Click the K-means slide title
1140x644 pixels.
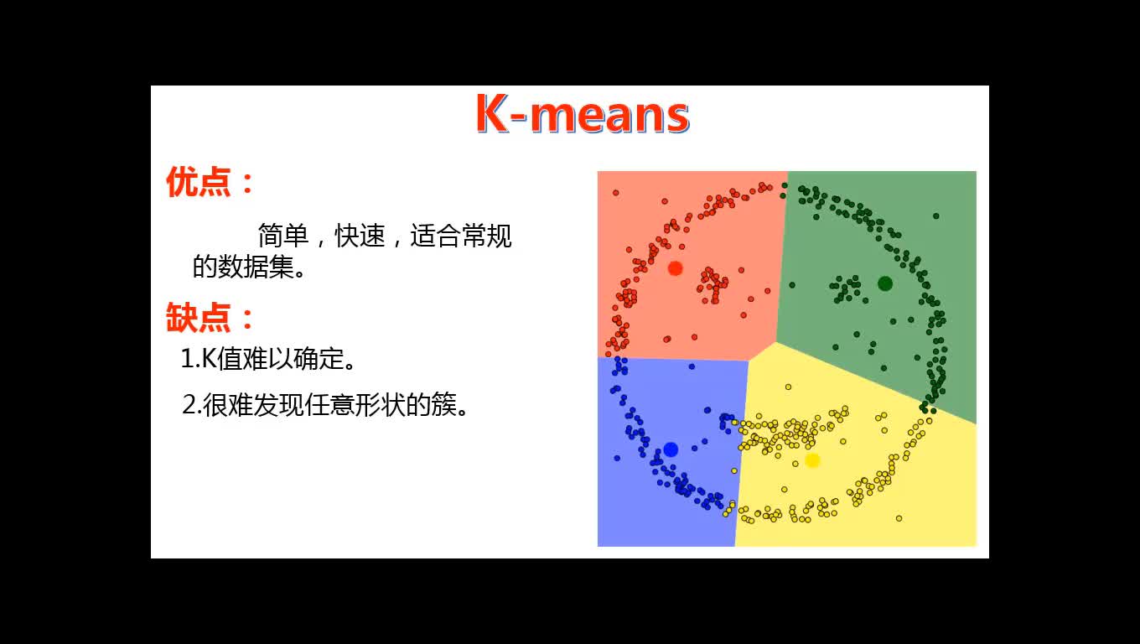click(x=583, y=113)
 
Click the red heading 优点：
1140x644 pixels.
click(x=210, y=182)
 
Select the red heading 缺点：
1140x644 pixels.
click(x=210, y=317)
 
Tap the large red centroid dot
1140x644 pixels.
click(x=676, y=268)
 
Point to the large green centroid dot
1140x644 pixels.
click(x=885, y=283)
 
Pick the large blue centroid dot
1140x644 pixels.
click(x=671, y=449)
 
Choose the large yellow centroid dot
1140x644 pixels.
click(x=812, y=460)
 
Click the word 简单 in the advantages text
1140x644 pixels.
click(x=283, y=236)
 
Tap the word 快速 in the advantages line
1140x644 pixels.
click(x=360, y=236)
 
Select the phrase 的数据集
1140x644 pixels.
click(x=243, y=267)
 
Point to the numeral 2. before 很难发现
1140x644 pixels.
click(x=192, y=406)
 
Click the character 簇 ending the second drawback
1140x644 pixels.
click(x=443, y=405)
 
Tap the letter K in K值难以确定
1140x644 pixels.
click(x=209, y=359)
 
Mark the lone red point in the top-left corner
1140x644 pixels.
click(x=616, y=193)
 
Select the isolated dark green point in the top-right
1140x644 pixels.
click(x=936, y=216)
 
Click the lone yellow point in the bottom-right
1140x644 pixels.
click(x=899, y=518)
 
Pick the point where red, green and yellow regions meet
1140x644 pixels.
click(x=775, y=343)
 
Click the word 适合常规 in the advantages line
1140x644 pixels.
click(x=460, y=236)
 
